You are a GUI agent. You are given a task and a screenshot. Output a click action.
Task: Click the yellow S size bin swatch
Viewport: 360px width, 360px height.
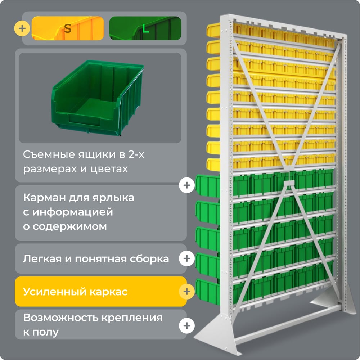point(68,28)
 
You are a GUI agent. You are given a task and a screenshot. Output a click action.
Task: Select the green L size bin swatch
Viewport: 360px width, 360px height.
point(145,28)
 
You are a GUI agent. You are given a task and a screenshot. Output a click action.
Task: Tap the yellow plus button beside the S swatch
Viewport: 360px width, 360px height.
point(22,28)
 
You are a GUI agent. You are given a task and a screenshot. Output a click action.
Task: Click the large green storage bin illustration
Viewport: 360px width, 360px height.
point(98,98)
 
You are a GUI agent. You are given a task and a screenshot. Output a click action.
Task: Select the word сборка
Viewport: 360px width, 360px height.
point(149,259)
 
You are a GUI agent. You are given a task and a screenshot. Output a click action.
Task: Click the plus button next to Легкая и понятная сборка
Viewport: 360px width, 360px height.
point(187,258)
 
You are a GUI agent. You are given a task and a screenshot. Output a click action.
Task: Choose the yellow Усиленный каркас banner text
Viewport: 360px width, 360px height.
point(75,292)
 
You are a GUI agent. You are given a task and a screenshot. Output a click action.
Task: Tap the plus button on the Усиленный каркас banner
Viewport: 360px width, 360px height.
point(187,292)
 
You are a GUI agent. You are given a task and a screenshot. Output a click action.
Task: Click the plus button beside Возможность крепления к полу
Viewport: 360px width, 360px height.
point(187,325)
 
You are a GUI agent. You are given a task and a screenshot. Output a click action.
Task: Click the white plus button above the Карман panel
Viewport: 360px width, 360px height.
point(187,185)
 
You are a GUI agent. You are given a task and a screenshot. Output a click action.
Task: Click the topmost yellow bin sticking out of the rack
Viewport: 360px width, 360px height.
point(213,30)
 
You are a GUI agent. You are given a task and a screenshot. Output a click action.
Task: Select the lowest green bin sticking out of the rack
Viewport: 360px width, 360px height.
point(208,292)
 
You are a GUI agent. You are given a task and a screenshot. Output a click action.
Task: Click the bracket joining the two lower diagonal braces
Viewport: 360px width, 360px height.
point(289,183)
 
